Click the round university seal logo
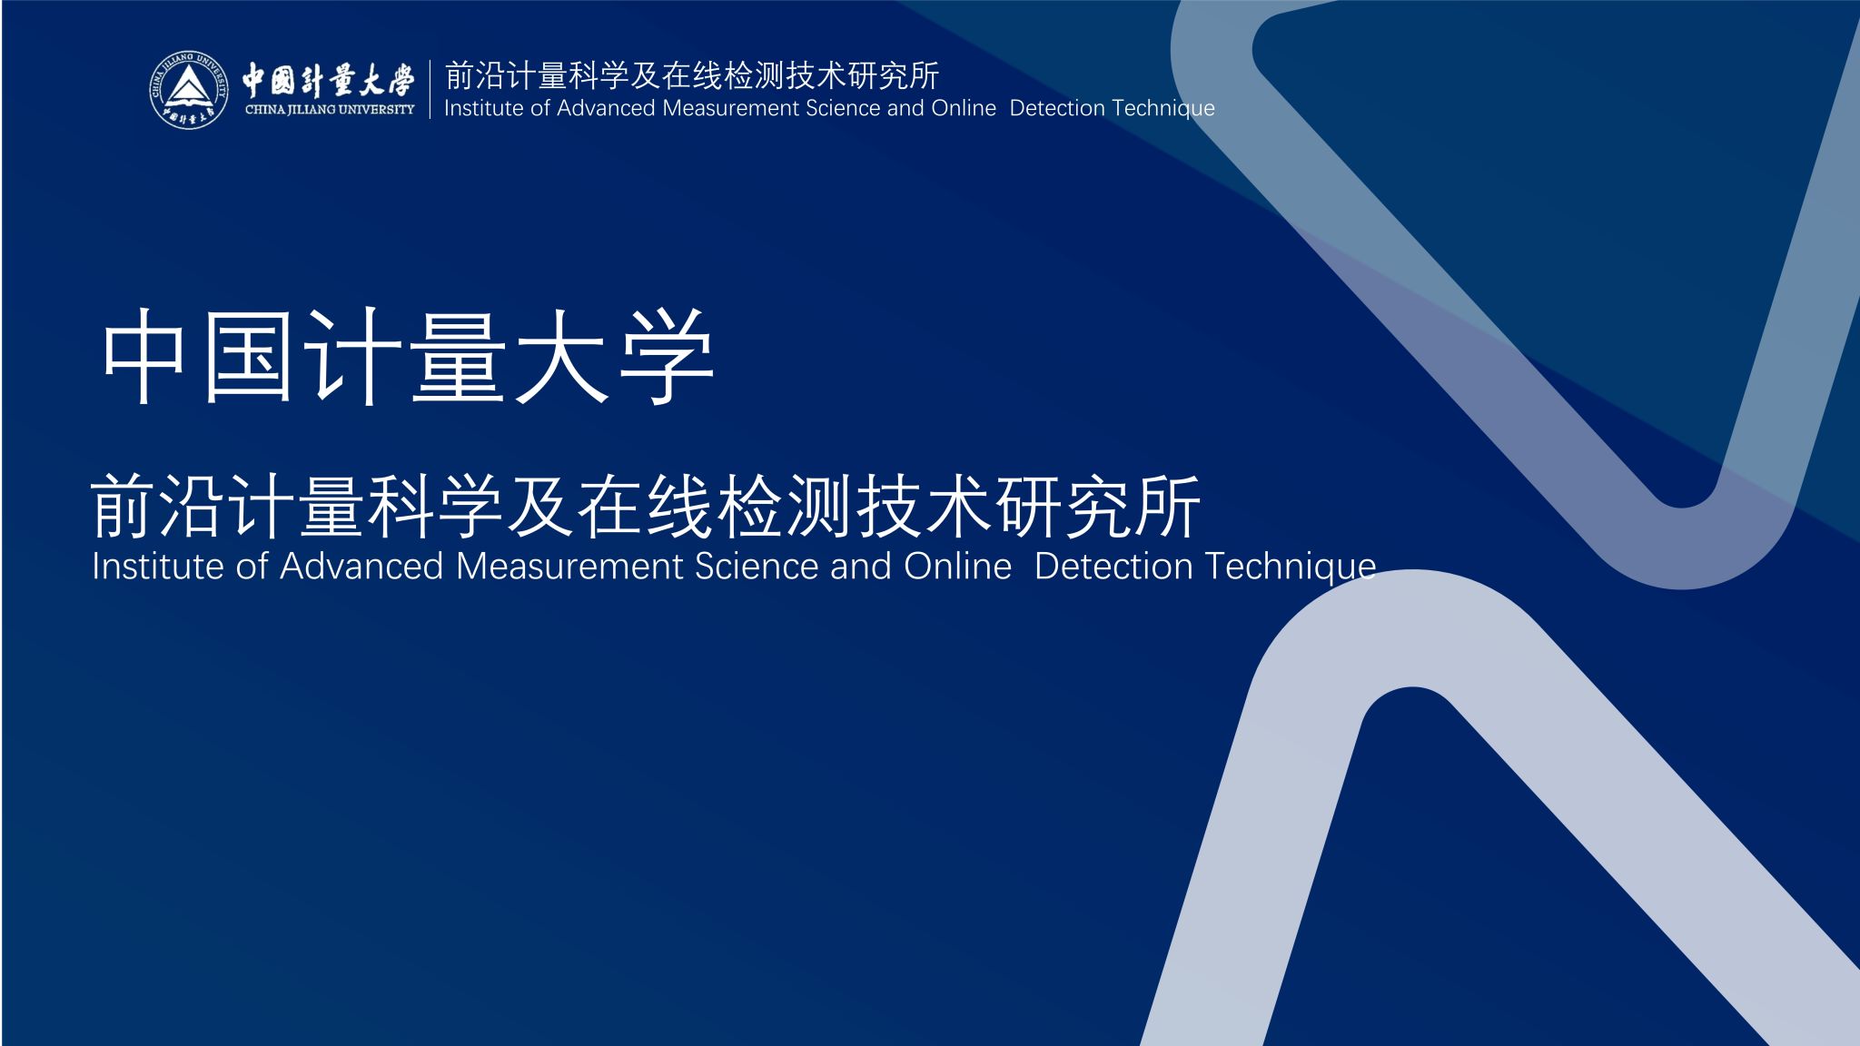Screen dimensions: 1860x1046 click(x=189, y=91)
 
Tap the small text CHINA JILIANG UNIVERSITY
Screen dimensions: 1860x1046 click(x=330, y=110)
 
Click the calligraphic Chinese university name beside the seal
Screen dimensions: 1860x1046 click(x=328, y=80)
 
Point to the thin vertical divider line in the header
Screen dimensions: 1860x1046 click(x=430, y=89)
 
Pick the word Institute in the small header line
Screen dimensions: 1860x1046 click(x=483, y=108)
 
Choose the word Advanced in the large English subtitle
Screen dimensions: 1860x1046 click(x=361, y=567)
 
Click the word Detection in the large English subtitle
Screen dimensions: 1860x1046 click(x=1113, y=567)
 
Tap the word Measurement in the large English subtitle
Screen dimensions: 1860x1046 click(x=569, y=567)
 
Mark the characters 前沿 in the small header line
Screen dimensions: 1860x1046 click(x=474, y=76)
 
